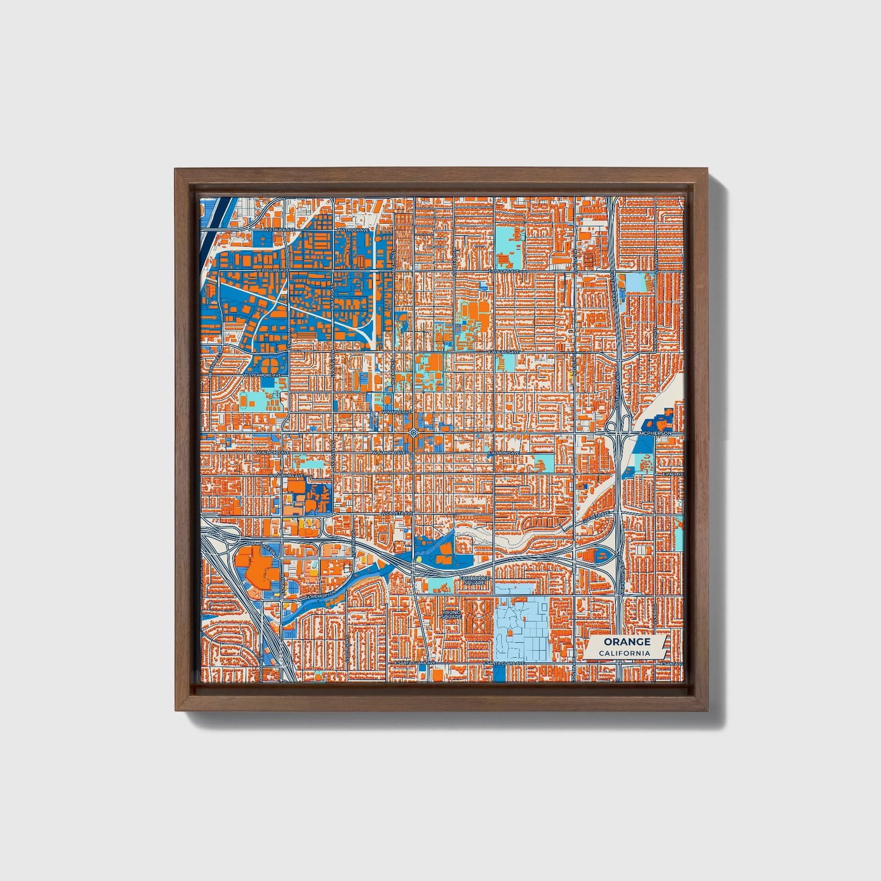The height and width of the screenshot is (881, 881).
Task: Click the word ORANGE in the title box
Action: coord(627,642)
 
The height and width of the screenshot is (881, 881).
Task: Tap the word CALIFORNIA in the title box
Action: coord(624,654)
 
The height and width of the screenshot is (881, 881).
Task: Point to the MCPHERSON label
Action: coord(655,433)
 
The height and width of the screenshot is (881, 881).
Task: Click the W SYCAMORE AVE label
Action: coord(263,375)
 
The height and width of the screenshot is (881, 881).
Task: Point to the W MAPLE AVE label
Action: coord(393,412)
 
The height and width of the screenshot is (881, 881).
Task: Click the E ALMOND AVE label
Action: coord(504,453)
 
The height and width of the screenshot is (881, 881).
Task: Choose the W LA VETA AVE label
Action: coord(396,515)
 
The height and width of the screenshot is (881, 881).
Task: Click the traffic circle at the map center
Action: coord(414,433)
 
